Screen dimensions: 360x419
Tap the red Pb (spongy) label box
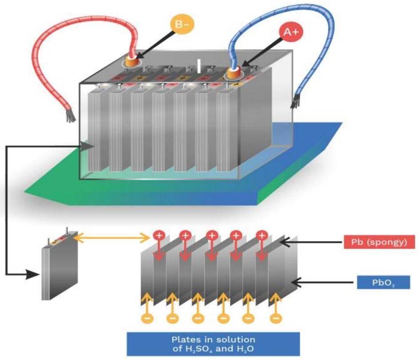coord(379,243)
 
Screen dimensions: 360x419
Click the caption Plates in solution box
coord(213,344)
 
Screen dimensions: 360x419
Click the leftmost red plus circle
coord(158,235)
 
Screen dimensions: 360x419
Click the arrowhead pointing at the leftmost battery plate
coord(88,146)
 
